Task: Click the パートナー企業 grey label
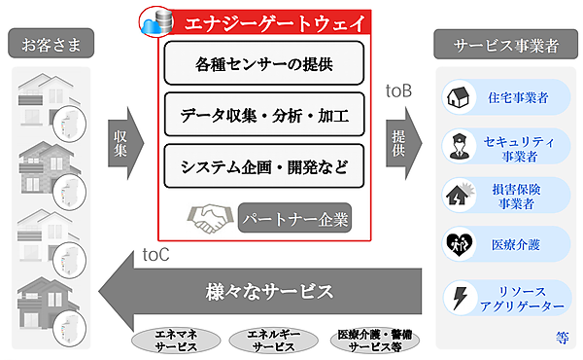tap(293, 216)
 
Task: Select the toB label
tap(398, 92)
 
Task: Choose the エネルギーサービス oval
tap(271, 340)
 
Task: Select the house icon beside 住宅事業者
tap(458, 96)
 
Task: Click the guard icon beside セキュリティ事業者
tap(458, 146)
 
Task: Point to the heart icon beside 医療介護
tap(458, 244)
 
